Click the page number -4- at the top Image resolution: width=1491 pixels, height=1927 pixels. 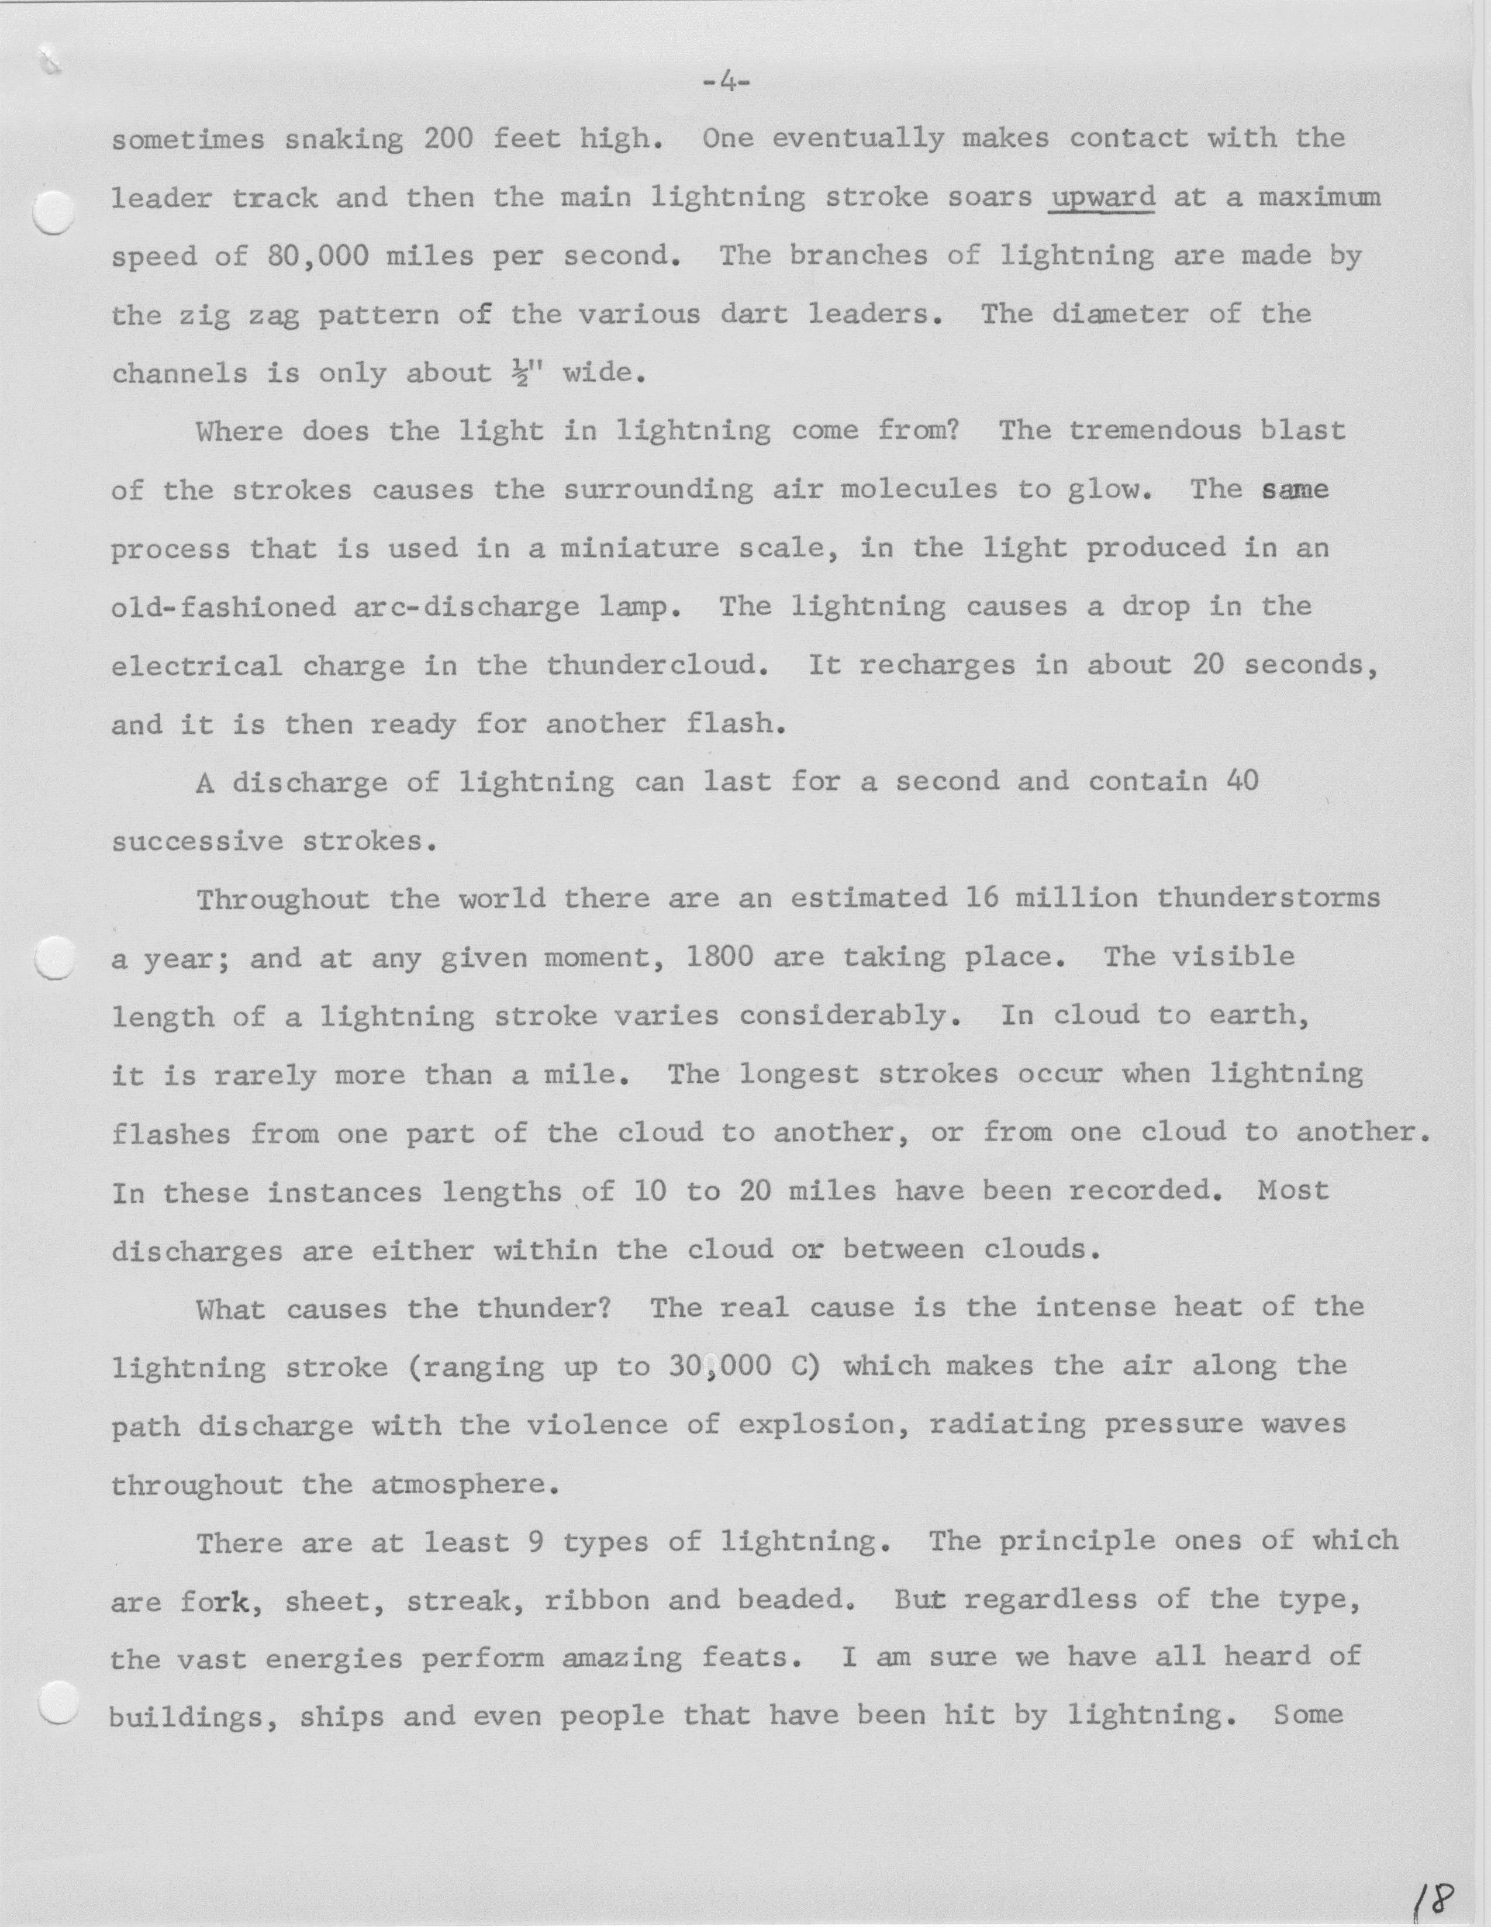click(x=726, y=83)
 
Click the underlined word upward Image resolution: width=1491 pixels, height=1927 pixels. click(x=1102, y=198)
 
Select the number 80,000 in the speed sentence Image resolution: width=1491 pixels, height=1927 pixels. click(x=312, y=257)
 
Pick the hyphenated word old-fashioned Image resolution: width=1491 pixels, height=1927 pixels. click(x=224, y=607)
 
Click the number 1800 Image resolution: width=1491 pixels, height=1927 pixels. click(x=719, y=957)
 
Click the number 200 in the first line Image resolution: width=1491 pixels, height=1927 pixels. click(x=448, y=139)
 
